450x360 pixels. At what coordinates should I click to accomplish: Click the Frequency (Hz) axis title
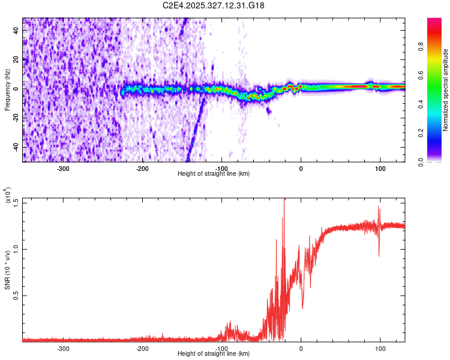pos(7,89)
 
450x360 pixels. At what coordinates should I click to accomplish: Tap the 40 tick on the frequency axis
pos(16,31)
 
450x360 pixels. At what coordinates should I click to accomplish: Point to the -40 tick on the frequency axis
pos(14,147)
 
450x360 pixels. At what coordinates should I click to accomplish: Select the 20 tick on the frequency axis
pos(16,60)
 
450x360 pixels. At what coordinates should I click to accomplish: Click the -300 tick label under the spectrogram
pos(63,169)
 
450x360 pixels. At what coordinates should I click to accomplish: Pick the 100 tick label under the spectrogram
pos(380,169)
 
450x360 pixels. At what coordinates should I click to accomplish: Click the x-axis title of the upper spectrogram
pos(214,174)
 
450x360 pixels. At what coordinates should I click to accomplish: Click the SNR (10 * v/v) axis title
pos(8,269)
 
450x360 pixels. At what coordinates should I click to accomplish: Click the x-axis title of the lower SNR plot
pos(214,354)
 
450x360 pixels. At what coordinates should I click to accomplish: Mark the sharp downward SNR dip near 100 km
pos(379,256)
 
